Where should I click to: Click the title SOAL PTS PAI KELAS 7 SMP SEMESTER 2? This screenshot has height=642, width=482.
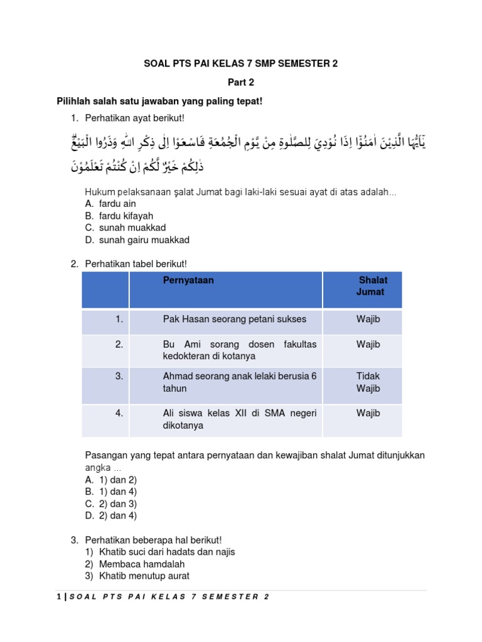coord(241,63)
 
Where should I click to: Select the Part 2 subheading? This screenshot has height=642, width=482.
coord(241,82)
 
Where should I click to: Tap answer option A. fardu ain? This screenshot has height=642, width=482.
coord(110,204)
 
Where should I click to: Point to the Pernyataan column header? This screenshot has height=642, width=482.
coord(188,280)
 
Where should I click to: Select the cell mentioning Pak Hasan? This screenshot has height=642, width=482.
coord(226,319)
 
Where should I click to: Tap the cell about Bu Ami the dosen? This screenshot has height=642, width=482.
coord(240,350)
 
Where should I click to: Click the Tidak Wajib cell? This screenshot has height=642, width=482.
coord(368,382)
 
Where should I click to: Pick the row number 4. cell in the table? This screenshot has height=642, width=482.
coord(119,413)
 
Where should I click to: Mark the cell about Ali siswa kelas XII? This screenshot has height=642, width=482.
coord(240,419)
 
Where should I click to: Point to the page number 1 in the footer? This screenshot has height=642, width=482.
coord(58,596)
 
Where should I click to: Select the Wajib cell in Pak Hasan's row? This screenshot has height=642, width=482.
coord(368,319)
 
